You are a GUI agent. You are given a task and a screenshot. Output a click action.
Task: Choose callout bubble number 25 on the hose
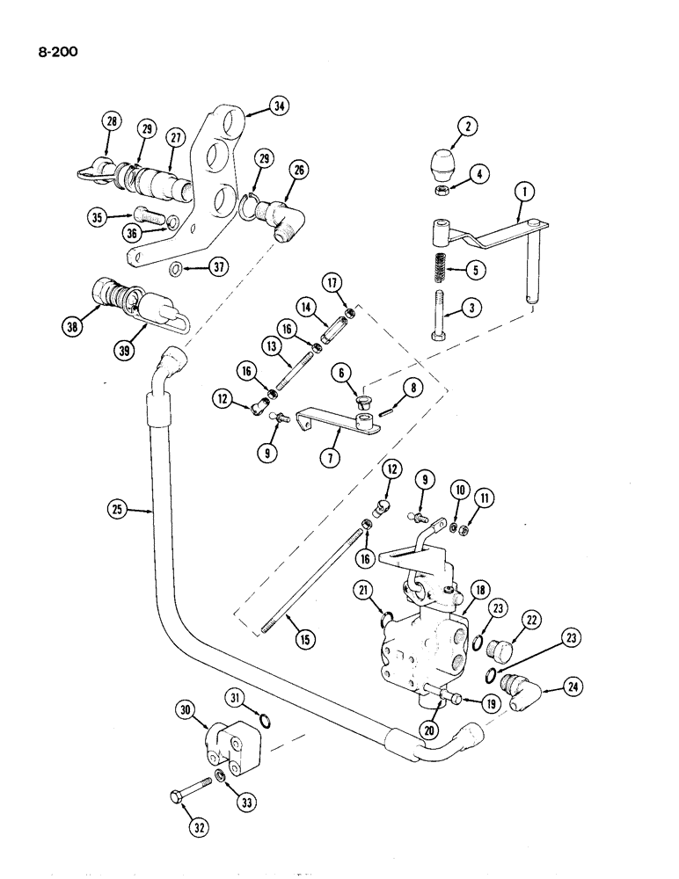point(117,508)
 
